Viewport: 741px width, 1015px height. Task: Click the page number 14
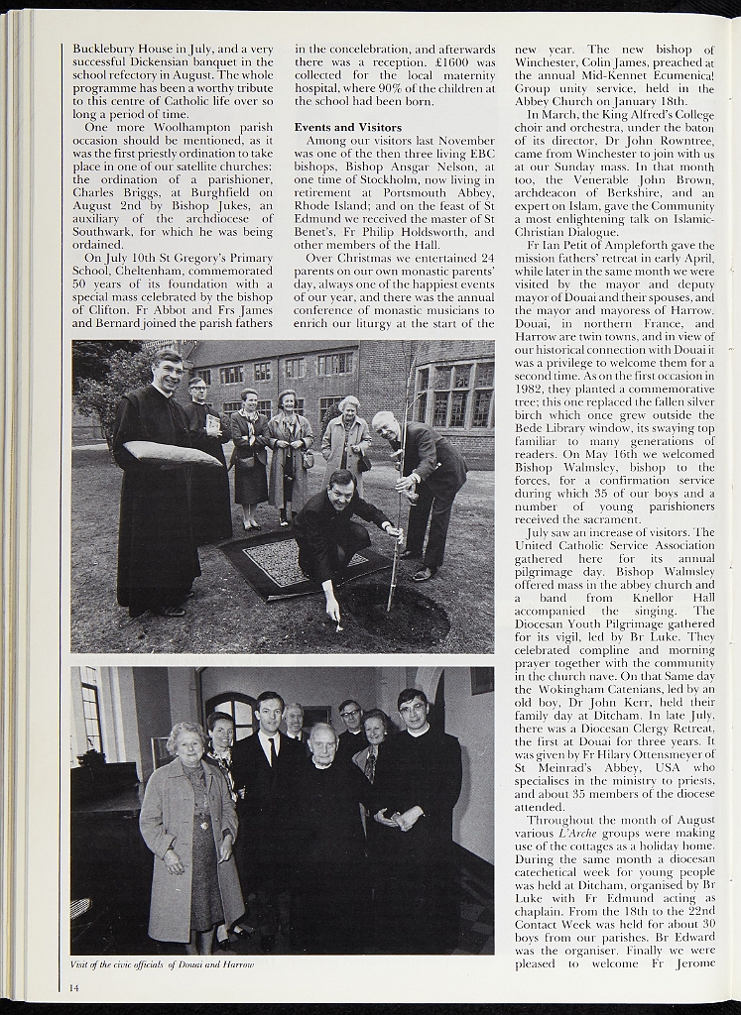(x=74, y=986)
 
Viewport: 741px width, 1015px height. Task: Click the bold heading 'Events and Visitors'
(x=347, y=128)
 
